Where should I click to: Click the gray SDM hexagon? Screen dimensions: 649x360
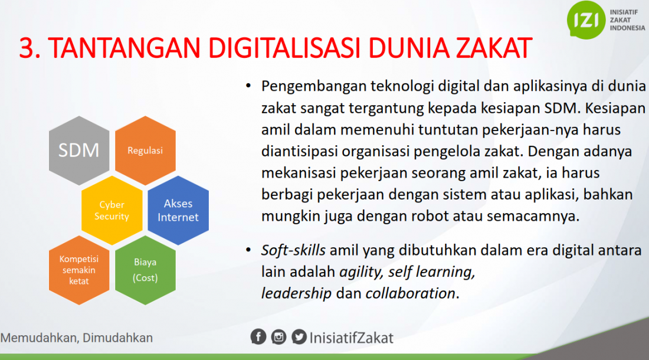pos(79,150)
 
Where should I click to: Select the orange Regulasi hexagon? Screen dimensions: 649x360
pos(145,150)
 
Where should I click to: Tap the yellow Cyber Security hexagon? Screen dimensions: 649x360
pos(112,210)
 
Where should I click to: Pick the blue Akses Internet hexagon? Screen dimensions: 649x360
pos(178,210)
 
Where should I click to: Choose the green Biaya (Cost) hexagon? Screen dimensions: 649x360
pos(145,270)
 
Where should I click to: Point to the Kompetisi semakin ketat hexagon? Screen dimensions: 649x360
pos(79,270)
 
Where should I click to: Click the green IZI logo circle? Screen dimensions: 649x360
pos(586,20)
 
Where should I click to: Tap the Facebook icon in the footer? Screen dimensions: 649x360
pos(258,337)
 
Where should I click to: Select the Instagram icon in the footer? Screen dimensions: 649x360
pos(278,337)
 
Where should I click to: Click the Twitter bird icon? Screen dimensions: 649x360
pos(299,337)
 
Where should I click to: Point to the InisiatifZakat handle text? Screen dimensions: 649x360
pos(352,338)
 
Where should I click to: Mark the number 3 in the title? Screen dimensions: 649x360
pos(25,48)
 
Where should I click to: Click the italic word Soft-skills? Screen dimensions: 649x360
pos(293,250)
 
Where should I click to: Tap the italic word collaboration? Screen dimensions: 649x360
pos(410,293)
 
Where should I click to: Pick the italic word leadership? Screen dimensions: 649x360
pos(296,293)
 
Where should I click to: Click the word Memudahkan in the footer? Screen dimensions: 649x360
pos(39,338)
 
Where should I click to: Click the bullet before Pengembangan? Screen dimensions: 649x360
pos(248,86)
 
